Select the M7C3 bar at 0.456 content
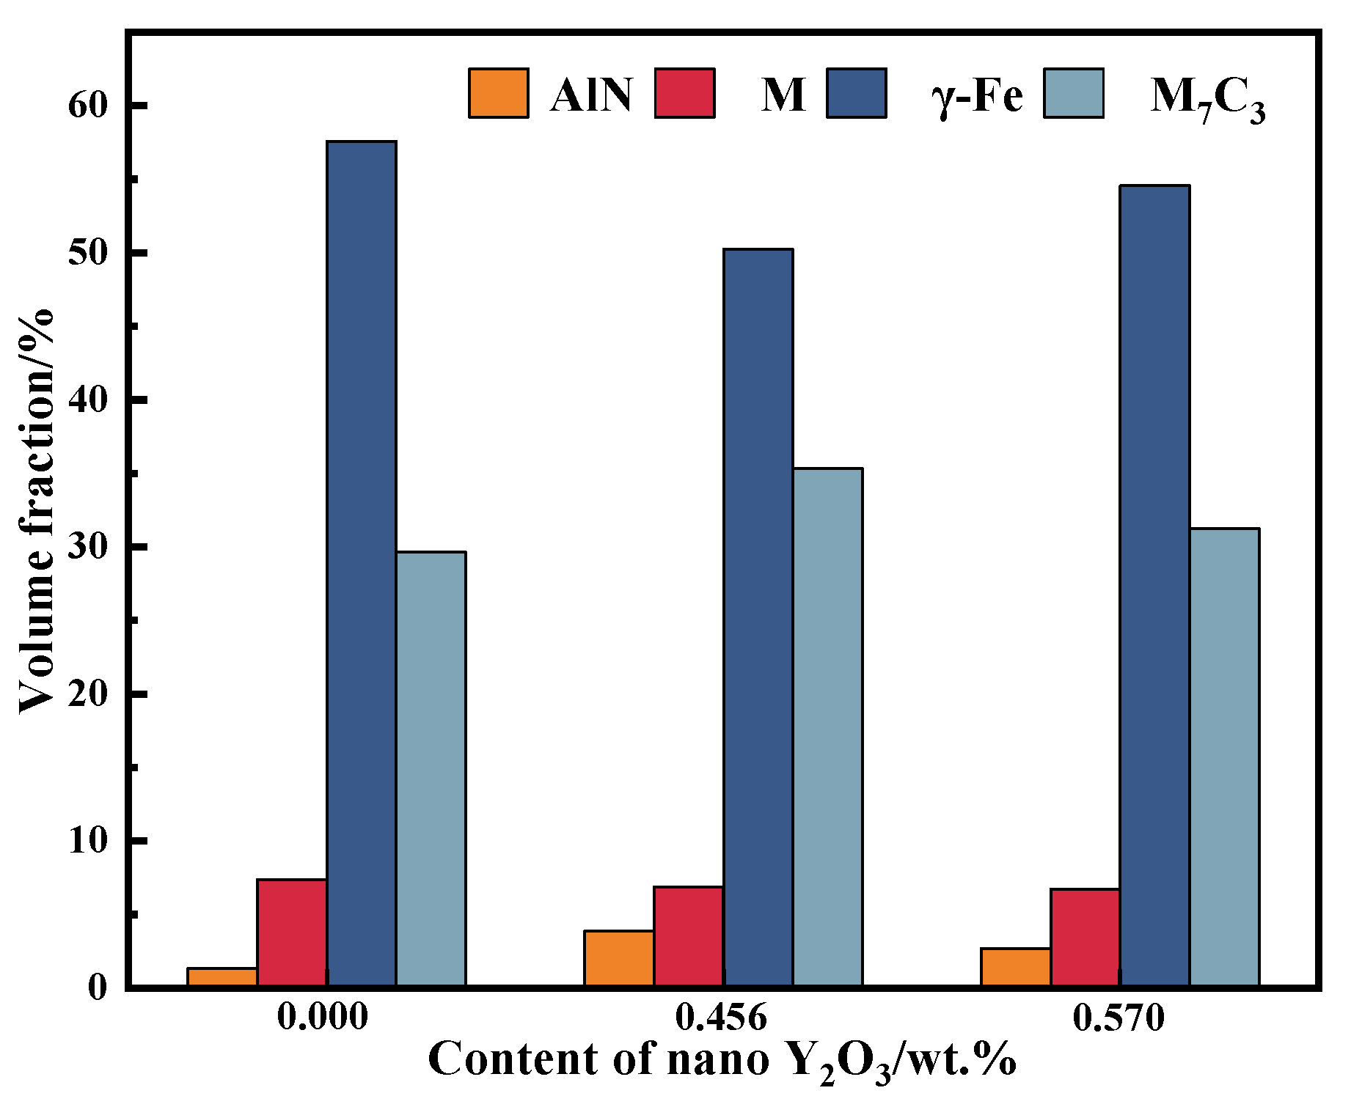(827, 726)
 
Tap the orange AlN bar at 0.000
(221, 977)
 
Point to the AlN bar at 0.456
(618, 957)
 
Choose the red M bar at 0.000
(291, 932)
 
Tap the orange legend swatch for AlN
(498, 93)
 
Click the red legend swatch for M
(684, 93)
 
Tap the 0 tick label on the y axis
(98, 988)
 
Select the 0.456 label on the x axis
(721, 1018)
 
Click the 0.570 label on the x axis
(1118, 1018)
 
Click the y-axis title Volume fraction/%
(37, 510)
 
